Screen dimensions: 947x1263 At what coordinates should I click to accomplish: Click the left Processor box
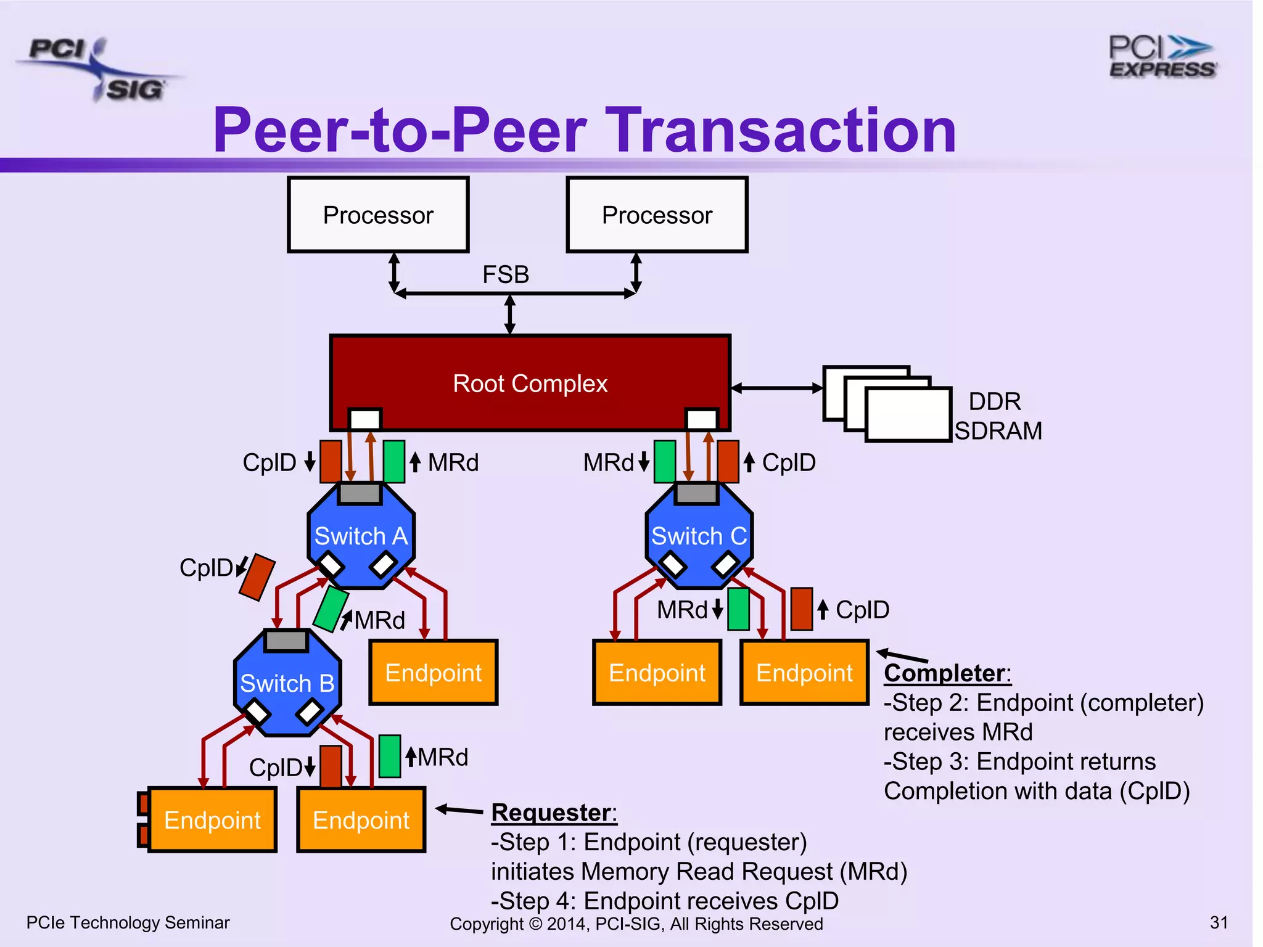(x=378, y=215)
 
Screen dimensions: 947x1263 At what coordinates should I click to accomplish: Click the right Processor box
(x=657, y=215)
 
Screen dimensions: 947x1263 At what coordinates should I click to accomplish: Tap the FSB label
(x=506, y=274)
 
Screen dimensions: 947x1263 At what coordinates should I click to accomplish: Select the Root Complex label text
(x=530, y=383)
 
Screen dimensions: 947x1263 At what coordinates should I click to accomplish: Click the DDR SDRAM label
(x=997, y=416)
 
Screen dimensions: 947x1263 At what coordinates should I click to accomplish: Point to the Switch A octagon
(x=361, y=535)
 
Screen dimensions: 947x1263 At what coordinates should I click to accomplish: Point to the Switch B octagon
(x=287, y=683)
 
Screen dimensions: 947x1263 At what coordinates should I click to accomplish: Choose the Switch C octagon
(x=699, y=535)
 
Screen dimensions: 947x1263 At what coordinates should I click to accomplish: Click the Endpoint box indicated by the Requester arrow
(x=361, y=819)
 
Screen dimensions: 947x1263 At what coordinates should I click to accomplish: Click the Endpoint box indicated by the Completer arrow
(x=804, y=673)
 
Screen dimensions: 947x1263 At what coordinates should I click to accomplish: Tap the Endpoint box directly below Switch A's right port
(x=433, y=673)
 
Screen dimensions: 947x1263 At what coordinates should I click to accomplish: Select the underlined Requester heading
(x=553, y=813)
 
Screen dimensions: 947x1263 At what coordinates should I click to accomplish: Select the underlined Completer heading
(x=947, y=673)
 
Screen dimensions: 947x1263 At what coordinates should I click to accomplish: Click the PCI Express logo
(x=1162, y=57)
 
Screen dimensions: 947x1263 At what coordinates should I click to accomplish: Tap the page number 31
(x=1219, y=922)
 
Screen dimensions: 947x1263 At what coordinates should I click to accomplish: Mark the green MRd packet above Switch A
(x=393, y=461)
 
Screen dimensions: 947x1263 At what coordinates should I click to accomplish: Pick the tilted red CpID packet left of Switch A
(x=257, y=577)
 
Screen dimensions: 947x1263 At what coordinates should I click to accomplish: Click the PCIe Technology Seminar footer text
(x=128, y=922)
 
